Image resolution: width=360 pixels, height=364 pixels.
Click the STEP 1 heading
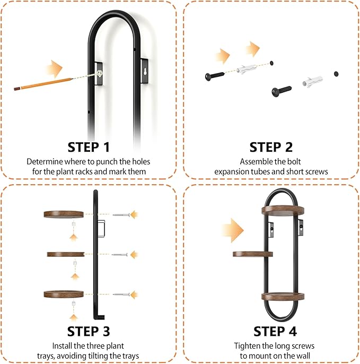point(89,147)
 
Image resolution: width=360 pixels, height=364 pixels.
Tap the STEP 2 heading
point(271,147)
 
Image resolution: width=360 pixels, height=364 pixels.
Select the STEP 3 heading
point(89,331)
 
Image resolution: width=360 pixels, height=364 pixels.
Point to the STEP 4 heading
point(275,331)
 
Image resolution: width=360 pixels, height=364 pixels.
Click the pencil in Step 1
point(43,84)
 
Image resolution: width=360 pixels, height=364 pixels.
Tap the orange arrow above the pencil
point(54,69)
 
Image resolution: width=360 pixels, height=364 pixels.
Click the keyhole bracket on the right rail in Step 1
point(145,71)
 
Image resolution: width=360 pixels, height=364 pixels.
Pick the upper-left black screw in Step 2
point(215,76)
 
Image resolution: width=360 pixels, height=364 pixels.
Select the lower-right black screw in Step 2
point(282,91)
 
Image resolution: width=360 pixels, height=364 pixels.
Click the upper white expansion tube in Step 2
point(246,69)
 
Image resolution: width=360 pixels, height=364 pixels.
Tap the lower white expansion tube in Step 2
point(312,82)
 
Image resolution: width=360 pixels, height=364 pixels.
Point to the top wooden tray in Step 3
point(64,214)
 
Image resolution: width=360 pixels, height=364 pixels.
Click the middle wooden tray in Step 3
point(66,254)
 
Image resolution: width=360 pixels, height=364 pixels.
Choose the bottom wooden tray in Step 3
point(64,294)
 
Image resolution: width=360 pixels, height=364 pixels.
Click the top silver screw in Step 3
point(121,215)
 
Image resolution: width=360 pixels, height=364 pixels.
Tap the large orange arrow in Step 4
point(232,230)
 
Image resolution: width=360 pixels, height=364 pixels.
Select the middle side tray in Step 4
point(252,254)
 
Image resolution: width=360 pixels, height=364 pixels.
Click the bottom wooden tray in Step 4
point(283,297)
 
